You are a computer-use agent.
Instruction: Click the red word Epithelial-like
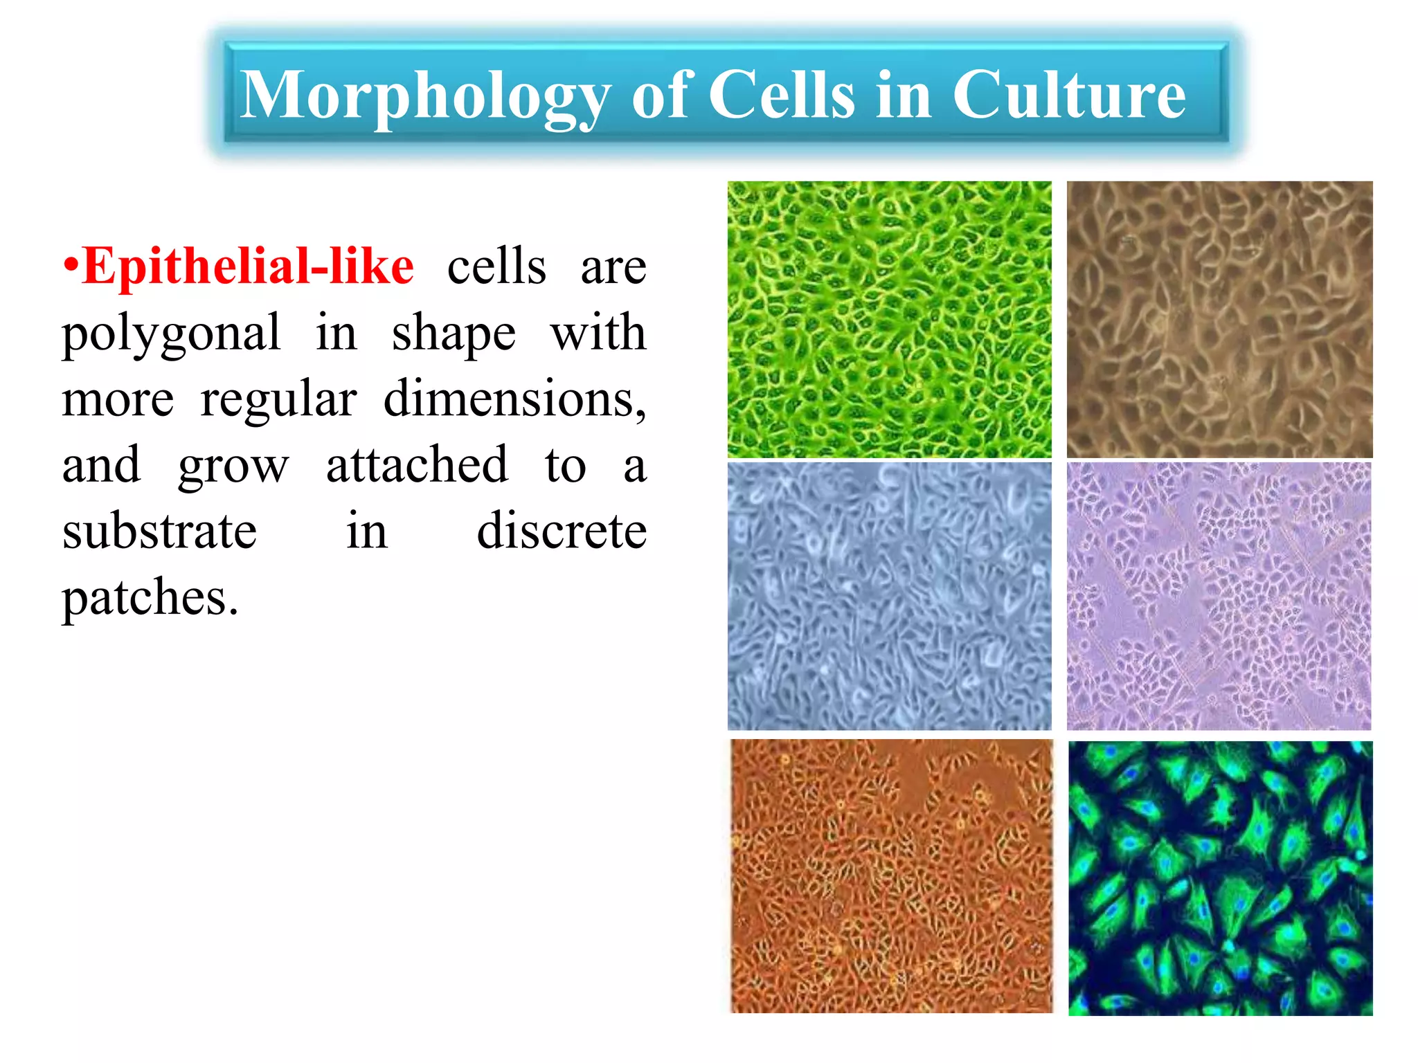point(248,266)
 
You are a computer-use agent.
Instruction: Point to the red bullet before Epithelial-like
point(70,266)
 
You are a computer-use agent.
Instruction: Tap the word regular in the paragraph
point(278,400)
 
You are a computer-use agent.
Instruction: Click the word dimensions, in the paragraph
point(514,399)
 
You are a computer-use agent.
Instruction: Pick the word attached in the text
point(417,464)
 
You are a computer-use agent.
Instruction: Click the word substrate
point(159,531)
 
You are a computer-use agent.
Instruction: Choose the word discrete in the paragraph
point(562,531)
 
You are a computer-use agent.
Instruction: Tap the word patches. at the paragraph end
point(150,597)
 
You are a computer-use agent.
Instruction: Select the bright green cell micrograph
point(889,319)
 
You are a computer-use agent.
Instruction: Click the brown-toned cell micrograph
point(1219,319)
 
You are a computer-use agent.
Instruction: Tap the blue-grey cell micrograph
point(889,596)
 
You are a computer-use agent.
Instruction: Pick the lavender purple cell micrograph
point(1219,596)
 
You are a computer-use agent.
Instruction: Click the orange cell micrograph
point(891,875)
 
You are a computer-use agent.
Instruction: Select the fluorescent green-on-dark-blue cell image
point(1220,878)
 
